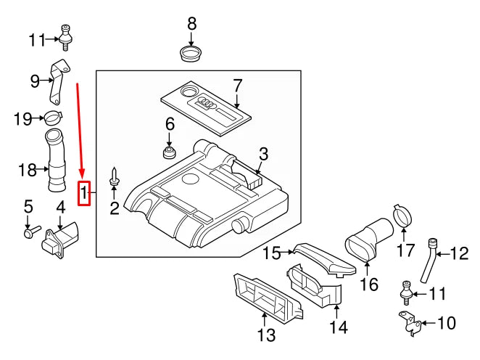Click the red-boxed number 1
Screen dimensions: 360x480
(84, 193)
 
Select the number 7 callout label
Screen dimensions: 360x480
(236, 86)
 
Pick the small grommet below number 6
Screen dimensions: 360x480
(170, 153)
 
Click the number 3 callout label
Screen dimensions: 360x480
(263, 154)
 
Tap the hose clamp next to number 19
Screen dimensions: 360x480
(52, 116)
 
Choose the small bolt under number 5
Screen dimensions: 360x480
(30, 233)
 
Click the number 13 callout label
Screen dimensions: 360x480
(267, 335)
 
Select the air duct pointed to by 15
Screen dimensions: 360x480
(324, 259)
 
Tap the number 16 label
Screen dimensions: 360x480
(369, 283)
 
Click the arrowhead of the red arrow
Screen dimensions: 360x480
(81, 176)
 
